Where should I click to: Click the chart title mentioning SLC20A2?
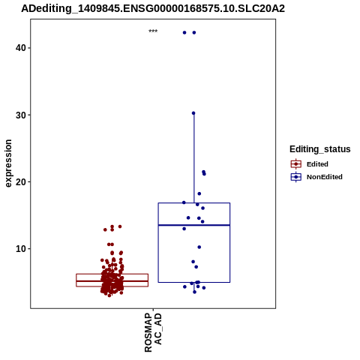(x=153, y=9)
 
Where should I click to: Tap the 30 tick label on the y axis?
(x=21, y=115)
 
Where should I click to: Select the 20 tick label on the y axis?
(x=21, y=181)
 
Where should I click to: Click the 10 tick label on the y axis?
(x=21, y=249)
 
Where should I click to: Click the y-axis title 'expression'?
(x=8, y=163)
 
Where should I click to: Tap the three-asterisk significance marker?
(x=153, y=31)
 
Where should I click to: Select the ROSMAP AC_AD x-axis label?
(x=153, y=332)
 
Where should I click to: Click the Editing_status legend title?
(x=320, y=149)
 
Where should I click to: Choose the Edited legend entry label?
(x=317, y=164)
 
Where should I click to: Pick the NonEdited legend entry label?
(x=325, y=177)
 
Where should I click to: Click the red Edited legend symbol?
(x=296, y=164)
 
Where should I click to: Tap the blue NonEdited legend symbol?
(x=296, y=177)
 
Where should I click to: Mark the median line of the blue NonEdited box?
(x=194, y=225)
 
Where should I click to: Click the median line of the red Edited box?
(x=112, y=281)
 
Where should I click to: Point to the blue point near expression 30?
(x=193, y=113)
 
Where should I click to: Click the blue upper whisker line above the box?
(x=194, y=158)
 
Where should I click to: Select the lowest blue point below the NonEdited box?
(x=194, y=292)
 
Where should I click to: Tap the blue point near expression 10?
(x=199, y=247)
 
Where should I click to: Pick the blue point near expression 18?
(x=199, y=193)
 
